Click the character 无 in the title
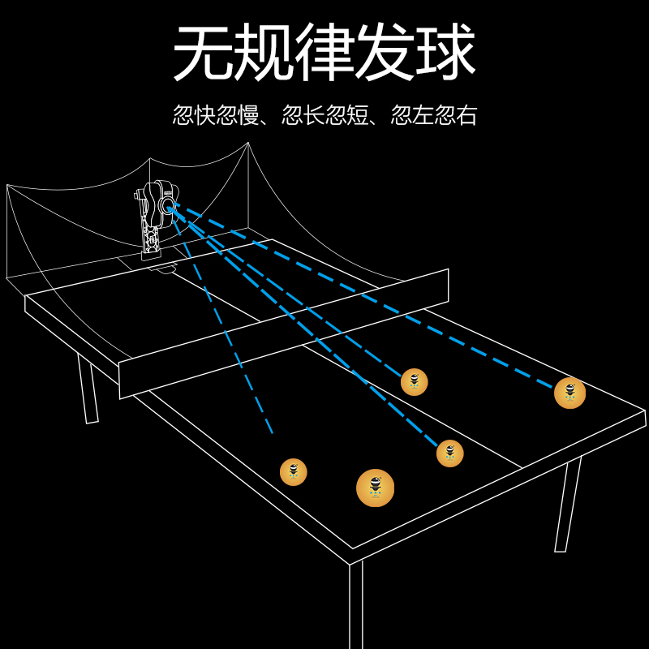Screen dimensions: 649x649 [203, 54]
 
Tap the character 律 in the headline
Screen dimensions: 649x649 [324, 54]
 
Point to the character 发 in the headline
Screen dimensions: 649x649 [385, 54]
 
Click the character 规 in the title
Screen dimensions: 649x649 [264, 54]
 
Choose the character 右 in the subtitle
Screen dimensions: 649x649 [467, 114]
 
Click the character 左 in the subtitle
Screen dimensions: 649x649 [423, 114]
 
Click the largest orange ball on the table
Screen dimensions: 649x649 [375, 488]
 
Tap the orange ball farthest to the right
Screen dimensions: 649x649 [569, 393]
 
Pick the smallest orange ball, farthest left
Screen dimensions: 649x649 [293, 471]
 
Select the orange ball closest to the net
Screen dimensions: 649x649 [414, 381]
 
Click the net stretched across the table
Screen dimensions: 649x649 [284, 333]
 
